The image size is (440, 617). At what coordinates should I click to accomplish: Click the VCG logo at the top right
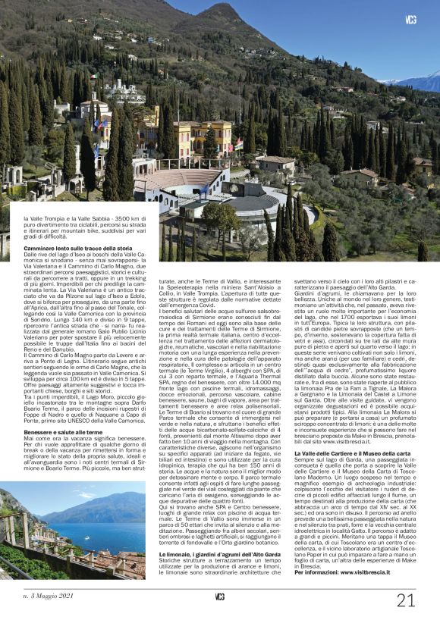(x=410, y=20)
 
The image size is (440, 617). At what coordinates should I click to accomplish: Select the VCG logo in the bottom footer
(x=220, y=597)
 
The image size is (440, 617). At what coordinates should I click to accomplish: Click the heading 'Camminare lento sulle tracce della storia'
(x=78, y=249)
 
